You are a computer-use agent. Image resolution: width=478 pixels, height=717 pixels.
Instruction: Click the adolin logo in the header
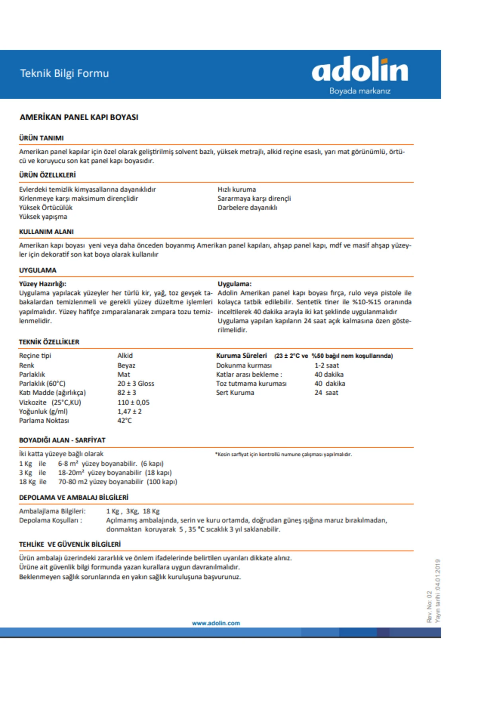(360, 69)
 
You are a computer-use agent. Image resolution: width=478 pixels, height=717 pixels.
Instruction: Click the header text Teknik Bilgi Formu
(65, 73)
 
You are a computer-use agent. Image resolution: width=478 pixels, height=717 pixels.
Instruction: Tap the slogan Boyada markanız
(360, 91)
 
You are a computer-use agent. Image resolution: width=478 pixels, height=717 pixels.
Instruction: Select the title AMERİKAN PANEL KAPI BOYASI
(79, 117)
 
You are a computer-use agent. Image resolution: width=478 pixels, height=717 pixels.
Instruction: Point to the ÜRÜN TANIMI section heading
(41, 138)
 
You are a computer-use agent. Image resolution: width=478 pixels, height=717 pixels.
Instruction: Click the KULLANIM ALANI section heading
(46, 231)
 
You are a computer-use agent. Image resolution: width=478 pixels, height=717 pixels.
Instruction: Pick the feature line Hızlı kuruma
(237, 189)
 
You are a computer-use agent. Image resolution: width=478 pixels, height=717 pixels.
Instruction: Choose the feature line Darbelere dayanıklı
(247, 208)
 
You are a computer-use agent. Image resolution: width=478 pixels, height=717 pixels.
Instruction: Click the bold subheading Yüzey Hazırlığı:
(43, 284)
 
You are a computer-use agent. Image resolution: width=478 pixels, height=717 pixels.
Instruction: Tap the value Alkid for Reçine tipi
(125, 355)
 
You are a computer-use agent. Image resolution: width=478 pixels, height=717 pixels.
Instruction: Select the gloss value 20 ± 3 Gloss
(135, 383)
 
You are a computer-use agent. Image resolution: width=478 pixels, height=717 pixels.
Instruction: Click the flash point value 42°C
(124, 420)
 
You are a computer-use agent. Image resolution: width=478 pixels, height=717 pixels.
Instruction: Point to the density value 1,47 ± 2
(129, 411)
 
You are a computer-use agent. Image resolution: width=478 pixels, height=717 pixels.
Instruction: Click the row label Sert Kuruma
(235, 392)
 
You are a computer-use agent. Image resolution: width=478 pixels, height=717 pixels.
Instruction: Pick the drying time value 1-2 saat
(327, 365)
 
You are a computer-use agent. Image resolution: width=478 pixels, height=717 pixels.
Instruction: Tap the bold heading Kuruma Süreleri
(241, 355)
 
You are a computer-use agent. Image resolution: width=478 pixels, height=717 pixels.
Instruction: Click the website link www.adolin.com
(216, 623)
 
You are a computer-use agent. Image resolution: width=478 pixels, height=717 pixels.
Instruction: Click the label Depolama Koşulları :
(51, 520)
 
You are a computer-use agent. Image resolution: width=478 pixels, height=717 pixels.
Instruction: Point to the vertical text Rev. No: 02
(429, 607)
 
